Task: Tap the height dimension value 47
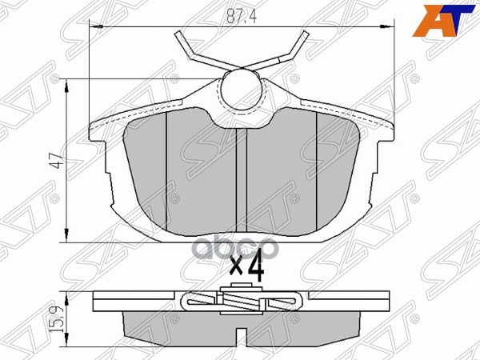[x=55, y=161]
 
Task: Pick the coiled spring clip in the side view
[x=244, y=302]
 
